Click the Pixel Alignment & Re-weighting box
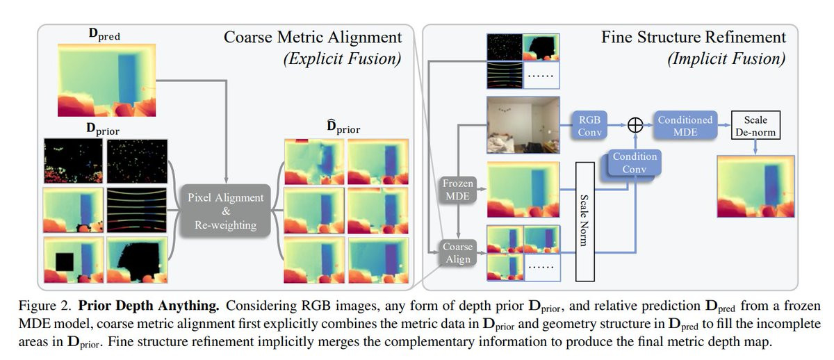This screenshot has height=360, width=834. coord(225,211)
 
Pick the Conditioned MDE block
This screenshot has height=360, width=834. coord(685,126)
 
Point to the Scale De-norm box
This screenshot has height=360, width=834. coord(755,126)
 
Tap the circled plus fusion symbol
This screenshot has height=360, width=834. coord(634,126)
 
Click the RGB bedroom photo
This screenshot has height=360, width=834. coord(523,124)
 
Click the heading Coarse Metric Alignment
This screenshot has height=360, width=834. coord(313,38)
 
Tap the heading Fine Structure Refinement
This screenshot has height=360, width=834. coord(694,38)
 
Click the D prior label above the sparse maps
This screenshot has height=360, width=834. coord(101,129)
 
